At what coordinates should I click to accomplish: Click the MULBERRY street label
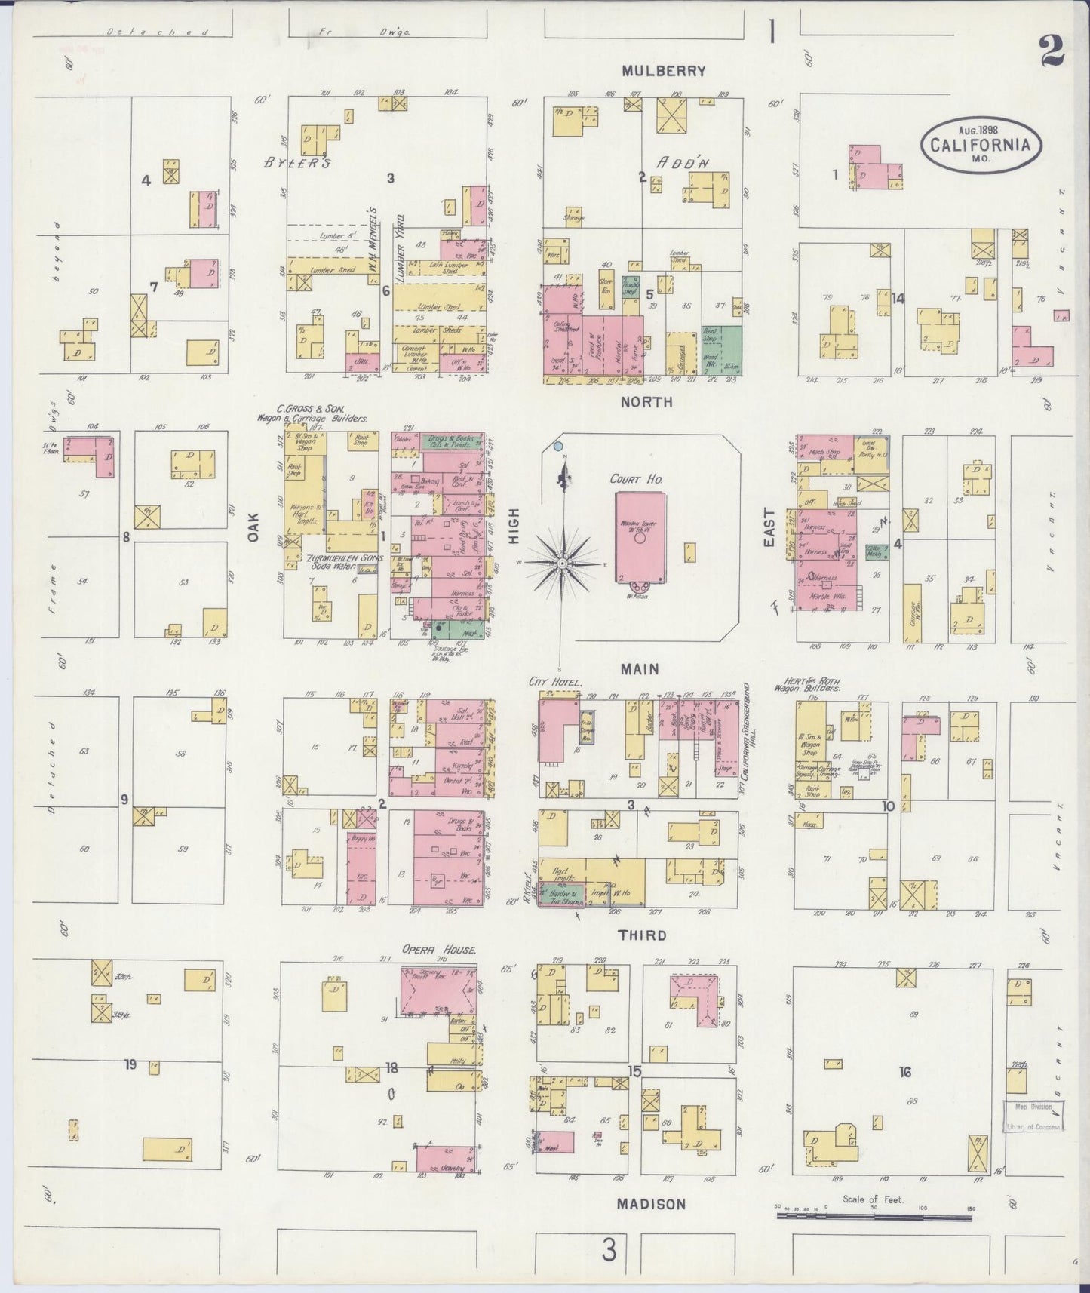point(663,71)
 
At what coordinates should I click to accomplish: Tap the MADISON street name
point(651,1204)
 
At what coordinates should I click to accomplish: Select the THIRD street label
point(642,935)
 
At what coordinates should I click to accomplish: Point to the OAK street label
point(253,527)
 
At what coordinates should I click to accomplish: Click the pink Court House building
point(640,537)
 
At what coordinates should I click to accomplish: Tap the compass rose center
point(563,562)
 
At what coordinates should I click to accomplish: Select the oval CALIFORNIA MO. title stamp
point(980,143)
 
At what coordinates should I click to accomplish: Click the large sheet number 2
point(1051,51)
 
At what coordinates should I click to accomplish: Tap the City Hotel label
point(557,683)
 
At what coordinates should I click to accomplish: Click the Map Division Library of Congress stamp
point(1033,1116)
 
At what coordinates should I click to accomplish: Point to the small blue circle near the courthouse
point(557,447)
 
